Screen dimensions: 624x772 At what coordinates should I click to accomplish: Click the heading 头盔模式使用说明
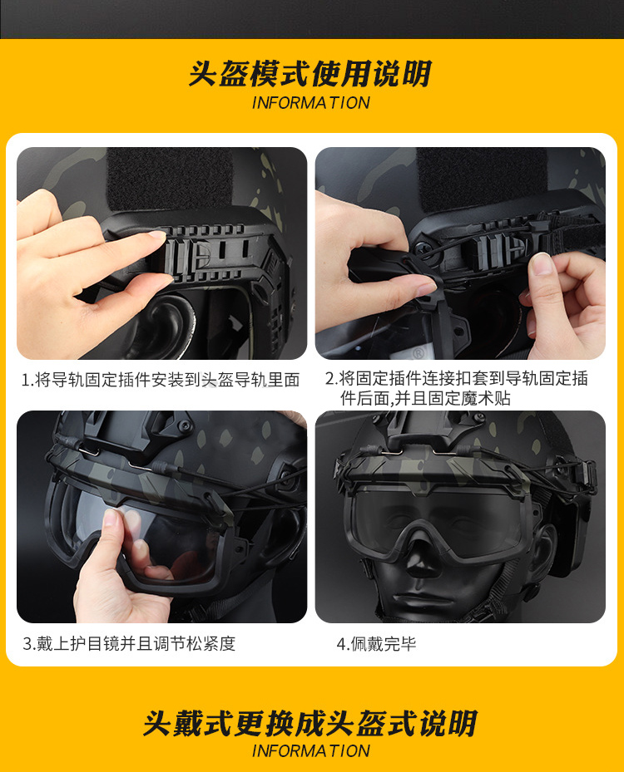[x=310, y=74]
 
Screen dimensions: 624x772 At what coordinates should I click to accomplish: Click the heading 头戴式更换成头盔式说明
[x=310, y=723]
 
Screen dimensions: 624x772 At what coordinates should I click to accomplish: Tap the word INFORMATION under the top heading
[x=310, y=103]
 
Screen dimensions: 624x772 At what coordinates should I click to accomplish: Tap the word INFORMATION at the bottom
[x=310, y=751]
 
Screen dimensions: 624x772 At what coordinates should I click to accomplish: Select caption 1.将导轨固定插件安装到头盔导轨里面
[x=161, y=380]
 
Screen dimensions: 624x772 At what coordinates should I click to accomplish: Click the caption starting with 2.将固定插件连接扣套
[x=457, y=388]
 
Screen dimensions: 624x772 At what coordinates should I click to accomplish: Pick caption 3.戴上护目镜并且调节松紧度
[x=129, y=643]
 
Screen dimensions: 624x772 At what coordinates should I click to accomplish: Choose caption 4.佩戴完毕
[x=376, y=643]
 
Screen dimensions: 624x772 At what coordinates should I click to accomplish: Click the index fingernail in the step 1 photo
[x=157, y=235]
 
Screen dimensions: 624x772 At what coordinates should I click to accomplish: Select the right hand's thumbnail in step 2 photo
[x=542, y=263]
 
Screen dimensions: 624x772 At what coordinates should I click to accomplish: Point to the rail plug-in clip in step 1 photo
[x=187, y=255]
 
